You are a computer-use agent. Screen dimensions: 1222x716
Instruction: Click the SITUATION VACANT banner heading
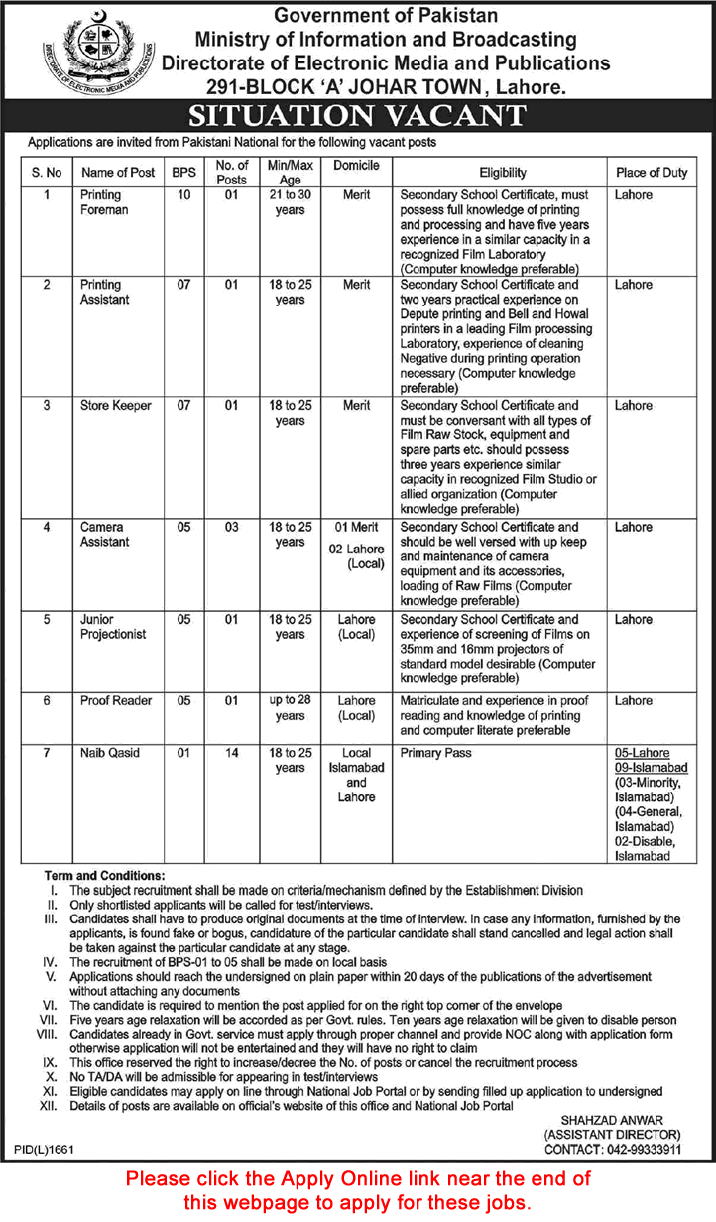[x=357, y=116]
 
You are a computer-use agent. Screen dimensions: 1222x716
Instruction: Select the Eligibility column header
[x=502, y=172]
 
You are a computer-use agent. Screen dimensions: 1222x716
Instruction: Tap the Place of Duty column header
[x=651, y=172]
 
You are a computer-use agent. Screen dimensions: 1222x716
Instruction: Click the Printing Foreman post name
[x=104, y=202]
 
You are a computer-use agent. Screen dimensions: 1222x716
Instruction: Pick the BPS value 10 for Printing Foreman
[x=183, y=195]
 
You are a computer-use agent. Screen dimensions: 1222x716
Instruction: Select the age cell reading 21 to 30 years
[x=290, y=202]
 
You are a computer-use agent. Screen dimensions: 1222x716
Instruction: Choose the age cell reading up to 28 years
[x=290, y=708]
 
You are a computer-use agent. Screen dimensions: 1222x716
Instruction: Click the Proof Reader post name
[x=116, y=701]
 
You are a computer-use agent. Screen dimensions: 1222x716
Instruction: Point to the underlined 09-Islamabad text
[x=651, y=768]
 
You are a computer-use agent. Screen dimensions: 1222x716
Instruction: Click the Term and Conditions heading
[x=102, y=877]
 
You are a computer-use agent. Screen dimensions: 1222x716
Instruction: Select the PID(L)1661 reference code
[x=45, y=1149]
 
